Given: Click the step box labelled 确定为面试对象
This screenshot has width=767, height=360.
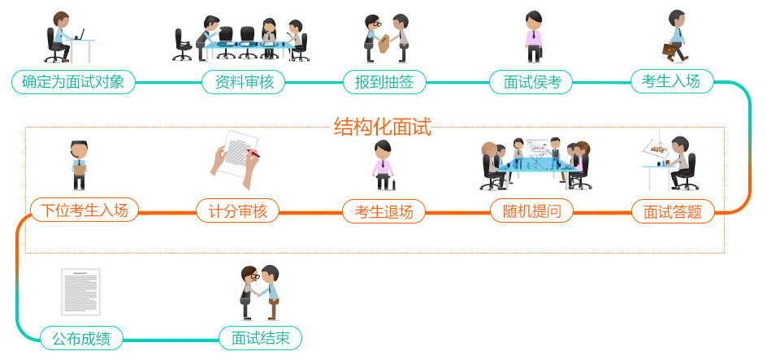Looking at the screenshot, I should (x=73, y=82).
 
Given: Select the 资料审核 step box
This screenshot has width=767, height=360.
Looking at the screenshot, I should (x=243, y=82).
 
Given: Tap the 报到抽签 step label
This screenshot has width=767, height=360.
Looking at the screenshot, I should (x=384, y=82).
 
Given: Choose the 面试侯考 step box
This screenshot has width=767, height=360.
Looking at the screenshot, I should (x=531, y=82).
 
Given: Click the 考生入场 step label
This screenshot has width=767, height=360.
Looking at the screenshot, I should (x=671, y=81).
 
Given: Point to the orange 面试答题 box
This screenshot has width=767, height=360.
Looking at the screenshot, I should (x=673, y=212).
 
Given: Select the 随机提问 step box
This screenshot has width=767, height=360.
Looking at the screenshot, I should (x=531, y=212).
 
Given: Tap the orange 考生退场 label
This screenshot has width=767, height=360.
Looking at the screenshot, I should (x=383, y=212).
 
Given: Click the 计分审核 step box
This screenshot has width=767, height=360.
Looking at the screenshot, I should (x=238, y=212).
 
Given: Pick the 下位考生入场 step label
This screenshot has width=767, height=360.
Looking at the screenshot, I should (x=84, y=211).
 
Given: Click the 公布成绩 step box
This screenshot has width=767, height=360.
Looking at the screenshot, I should (x=81, y=337).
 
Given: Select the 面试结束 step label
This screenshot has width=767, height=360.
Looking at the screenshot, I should (x=260, y=337).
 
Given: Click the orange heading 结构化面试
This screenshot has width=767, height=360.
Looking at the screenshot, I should (x=382, y=126).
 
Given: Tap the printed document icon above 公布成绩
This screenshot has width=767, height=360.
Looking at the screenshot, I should (x=80, y=292).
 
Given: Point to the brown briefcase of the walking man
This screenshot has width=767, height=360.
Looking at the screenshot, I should (x=669, y=50).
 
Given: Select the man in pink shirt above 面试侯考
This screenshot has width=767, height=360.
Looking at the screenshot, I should (x=533, y=36).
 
